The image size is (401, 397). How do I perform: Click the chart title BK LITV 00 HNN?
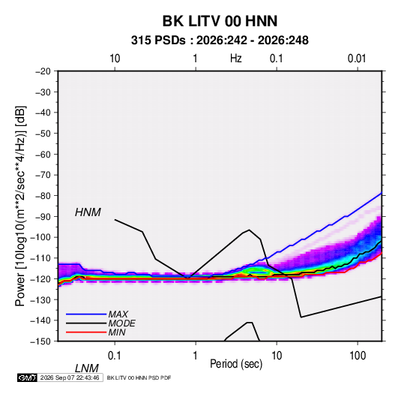[220, 21]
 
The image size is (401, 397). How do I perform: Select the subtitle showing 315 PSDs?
[220, 41]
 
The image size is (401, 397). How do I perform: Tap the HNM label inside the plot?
[88, 212]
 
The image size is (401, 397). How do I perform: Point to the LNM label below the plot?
[86, 368]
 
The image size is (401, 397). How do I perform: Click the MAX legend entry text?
[118, 314]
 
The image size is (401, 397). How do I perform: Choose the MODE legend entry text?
[121, 323]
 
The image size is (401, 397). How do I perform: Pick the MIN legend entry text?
[117, 332]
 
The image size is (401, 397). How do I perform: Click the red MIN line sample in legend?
[86, 332]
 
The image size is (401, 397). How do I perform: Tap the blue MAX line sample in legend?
[86, 314]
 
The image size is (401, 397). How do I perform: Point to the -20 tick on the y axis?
[43, 71]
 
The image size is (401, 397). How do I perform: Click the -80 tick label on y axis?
[43, 196]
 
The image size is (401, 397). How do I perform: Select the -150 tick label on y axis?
[40, 341]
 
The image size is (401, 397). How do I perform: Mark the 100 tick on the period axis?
[358, 356]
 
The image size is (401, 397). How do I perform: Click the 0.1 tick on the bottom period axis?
[114, 356]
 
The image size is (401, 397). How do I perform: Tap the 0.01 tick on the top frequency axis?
[357, 59]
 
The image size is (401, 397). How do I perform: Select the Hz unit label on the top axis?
[236, 59]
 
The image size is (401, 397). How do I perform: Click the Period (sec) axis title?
[236, 364]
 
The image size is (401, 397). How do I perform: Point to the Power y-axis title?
[20, 206]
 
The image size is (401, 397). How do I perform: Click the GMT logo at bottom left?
[27, 377]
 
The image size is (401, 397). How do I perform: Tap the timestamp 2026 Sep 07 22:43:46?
[70, 377]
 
